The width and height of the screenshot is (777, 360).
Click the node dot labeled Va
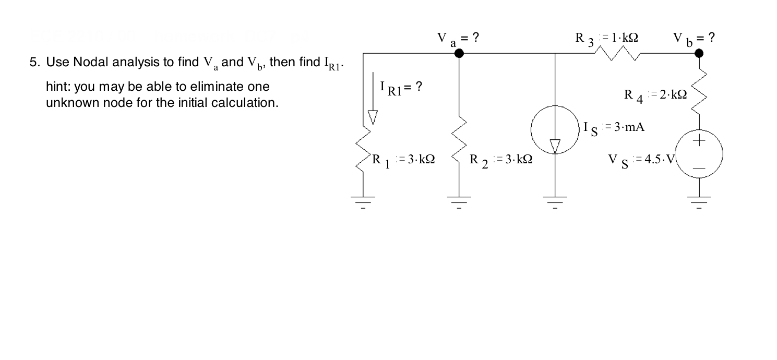click(x=459, y=53)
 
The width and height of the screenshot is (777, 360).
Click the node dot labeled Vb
click(x=699, y=53)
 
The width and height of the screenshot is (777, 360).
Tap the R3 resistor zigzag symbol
click(x=619, y=53)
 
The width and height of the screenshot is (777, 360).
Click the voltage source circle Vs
click(x=699, y=154)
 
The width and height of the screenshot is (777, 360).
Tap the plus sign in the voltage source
click(x=699, y=141)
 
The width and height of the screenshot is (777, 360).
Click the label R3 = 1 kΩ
click(x=608, y=39)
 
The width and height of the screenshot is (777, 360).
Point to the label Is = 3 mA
click(x=614, y=127)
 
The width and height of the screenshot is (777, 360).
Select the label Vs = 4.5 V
click(x=641, y=159)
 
